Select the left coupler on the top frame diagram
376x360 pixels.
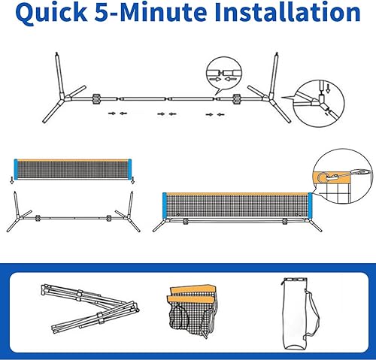96,99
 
